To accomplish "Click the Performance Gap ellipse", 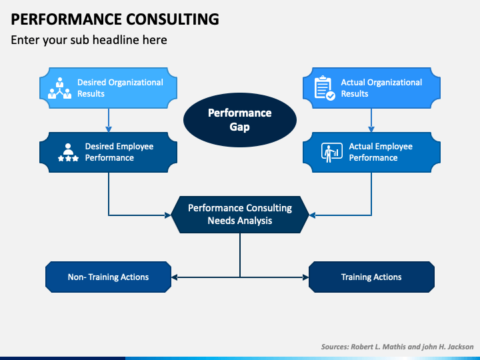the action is (x=240, y=120).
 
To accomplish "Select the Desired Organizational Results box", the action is (x=109, y=88).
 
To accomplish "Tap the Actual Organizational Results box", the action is (x=371, y=88).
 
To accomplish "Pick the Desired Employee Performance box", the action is (x=109, y=152).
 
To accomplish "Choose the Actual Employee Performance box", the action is (x=371, y=152).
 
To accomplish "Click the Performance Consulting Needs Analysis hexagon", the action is (x=240, y=215).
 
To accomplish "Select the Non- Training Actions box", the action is (x=109, y=277).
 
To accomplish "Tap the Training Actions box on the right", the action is (x=371, y=277).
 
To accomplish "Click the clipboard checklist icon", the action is (x=325, y=88).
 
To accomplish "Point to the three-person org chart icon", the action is (x=60, y=88).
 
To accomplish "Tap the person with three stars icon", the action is (x=68, y=153).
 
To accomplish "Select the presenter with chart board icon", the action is (x=332, y=152).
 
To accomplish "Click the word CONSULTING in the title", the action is (x=173, y=19).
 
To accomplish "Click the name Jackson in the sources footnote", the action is (x=461, y=347).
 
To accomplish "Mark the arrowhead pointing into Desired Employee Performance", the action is (x=109, y=129).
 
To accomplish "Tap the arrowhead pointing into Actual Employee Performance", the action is (x=371, y=129).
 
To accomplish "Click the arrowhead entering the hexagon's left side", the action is (x=168, y=215).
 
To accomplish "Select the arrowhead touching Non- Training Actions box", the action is (x=174, y=277).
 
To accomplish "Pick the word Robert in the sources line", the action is (x=360, y=347).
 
